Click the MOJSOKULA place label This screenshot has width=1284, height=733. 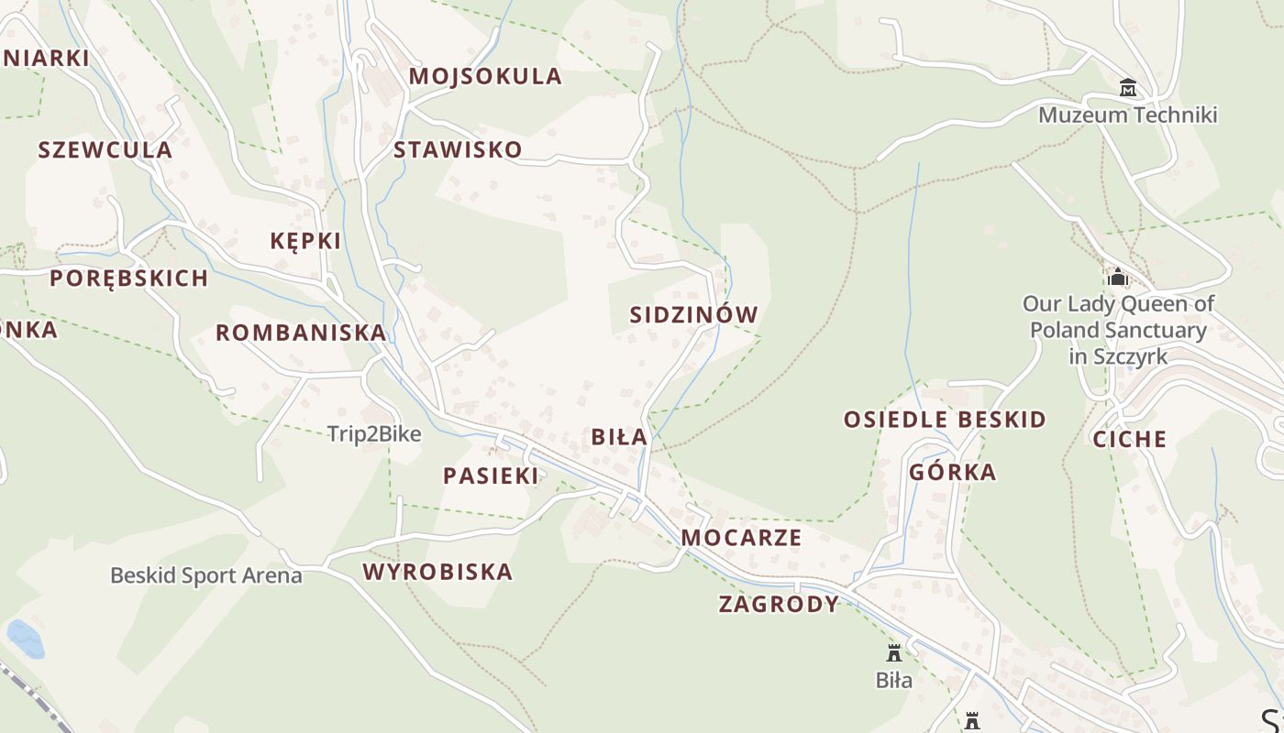tap(485, 76)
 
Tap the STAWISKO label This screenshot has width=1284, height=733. tap(458, 149)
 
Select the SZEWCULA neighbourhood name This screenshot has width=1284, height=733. tap(105, 149)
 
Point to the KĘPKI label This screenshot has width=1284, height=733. tap(305, 241)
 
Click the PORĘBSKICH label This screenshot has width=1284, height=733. tap(128, 278)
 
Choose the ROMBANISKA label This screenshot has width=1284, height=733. tap(301, 333)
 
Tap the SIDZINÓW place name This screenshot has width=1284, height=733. tap(694, 314)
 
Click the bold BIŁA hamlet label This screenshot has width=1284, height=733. tap(619, 437)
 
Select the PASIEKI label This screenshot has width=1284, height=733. tap(491, 475)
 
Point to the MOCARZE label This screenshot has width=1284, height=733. tap(742, 537)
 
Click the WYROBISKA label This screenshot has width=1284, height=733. tap(437, 572)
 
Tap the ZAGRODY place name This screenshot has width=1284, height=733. tap(779, 604)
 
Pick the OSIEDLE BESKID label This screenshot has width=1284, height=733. tap(945, 420)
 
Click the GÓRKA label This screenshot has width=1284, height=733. tap(953, 472)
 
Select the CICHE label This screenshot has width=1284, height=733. tap(1129, 439)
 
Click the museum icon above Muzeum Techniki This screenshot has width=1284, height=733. tap(1128, 88)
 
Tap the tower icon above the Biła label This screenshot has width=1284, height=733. tap(893, 653)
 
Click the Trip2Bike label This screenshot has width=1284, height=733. tap(374, 434)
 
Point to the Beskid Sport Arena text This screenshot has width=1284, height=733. tap(206, 575)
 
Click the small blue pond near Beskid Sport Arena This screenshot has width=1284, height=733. tap(25, 639)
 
